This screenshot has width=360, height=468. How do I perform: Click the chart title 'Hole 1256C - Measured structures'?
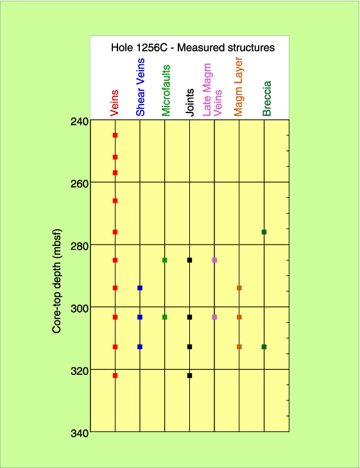[x=193, y=48]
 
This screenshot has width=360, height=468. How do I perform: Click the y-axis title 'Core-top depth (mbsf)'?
[x=56, y=281]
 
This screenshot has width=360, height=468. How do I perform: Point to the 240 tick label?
[x=80, y=121]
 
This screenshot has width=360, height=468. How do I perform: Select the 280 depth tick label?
[x=80, y=247]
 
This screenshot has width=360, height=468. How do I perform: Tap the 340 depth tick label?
[x=80, y=433]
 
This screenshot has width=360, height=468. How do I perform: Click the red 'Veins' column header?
[x=114, y=103]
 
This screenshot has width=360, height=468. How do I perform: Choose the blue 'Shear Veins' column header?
[x=140, y=87]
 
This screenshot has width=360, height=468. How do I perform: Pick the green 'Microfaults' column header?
[x=166, y=91]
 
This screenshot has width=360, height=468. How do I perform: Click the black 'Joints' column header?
[x=190, y=102]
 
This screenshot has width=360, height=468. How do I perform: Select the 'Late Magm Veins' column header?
[x=212, y=90]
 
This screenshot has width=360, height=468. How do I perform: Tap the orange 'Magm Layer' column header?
[x=238, y=87]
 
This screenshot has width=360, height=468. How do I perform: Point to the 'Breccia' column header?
[x=267, y=98]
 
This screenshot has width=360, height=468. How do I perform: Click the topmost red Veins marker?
[x=115, y=135]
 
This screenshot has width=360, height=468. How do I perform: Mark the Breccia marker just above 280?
[x=264, y=232]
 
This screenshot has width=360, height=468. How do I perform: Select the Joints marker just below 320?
[x=189, y=376]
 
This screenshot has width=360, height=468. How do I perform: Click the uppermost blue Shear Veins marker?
[x=140, y=288]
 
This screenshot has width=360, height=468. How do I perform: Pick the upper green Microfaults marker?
[x=165, y=260]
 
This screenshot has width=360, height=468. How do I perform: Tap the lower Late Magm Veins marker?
[x=214, y=317]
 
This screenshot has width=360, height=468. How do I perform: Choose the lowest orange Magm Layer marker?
[x=239, y=347]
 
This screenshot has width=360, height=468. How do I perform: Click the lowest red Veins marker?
[x=115, y=376]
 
